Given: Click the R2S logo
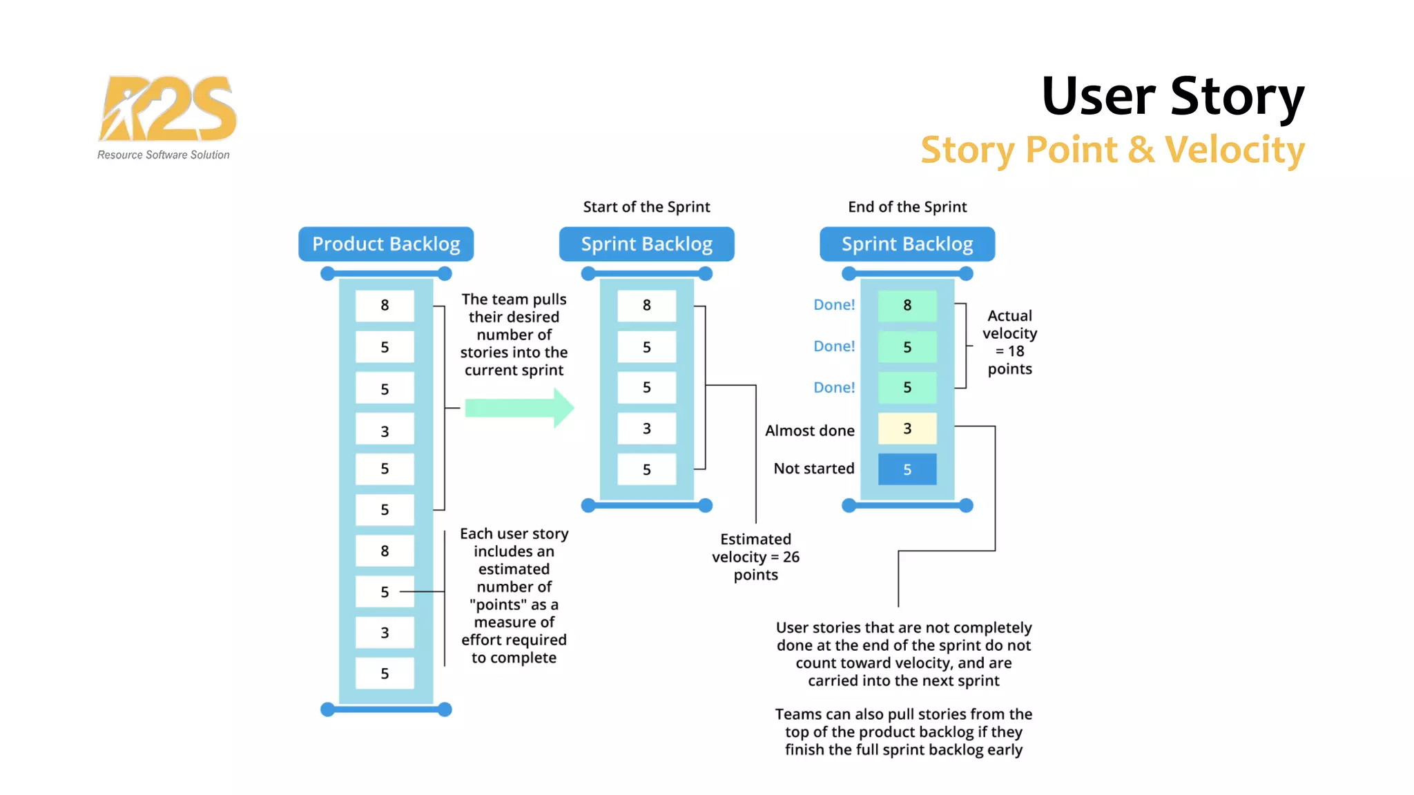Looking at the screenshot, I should (167, 109).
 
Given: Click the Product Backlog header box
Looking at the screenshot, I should (386, 244).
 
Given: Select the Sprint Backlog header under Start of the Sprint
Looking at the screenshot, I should (646, 244).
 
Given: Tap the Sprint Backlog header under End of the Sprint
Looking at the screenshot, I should (907, 244).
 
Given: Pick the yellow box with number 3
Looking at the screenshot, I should (907, 429).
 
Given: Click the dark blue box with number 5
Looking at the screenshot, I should (907, 469).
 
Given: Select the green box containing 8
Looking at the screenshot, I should (907, 305).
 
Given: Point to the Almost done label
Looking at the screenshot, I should (809, 431).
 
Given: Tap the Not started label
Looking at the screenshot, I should (813, 469).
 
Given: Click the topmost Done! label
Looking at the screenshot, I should (833, 305).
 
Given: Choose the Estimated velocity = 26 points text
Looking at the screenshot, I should (755, 557).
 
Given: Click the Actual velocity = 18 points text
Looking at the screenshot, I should (1009, 342).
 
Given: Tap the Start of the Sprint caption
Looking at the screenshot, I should (646, 207).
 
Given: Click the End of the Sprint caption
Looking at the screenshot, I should (907, 207).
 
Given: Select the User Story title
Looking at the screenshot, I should (1172, 97).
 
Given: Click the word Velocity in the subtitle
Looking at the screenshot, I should (1234, 150).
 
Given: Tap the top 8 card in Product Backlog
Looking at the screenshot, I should (385, 305).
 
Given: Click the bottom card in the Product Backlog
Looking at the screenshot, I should (385, 674).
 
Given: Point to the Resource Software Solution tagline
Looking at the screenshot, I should (163, 155).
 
